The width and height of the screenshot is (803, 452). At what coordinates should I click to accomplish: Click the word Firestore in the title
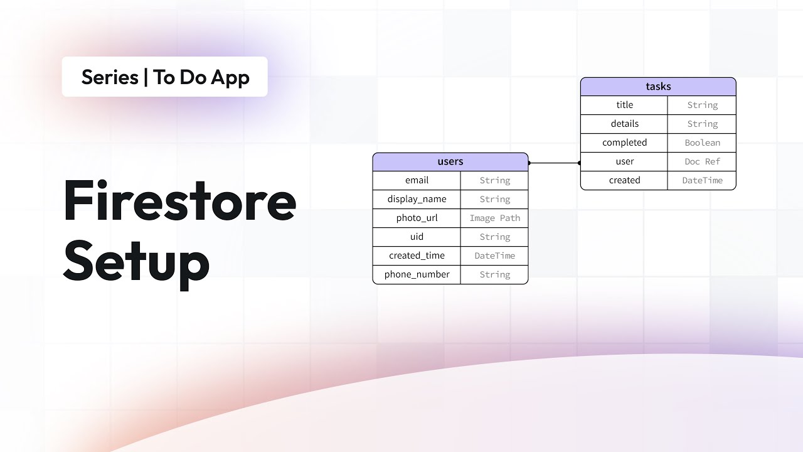[x=179, y=202]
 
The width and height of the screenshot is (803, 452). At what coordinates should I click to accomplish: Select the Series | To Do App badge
[x=165, y=77]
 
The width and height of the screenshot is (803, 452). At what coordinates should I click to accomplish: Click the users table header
[x=450, y=162]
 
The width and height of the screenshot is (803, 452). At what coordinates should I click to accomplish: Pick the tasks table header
[x=658, y=87]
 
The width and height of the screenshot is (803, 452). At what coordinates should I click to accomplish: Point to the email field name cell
[x=417, y=181]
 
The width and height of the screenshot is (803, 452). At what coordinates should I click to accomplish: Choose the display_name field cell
[x=417, y=200]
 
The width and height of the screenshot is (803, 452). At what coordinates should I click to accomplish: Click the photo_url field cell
[x=417, y=218]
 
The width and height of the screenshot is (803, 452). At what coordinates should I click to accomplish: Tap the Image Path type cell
[x=494, y=218]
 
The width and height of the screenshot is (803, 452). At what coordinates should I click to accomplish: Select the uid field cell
[x=417, y=237]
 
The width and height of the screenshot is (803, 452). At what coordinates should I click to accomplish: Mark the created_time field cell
[x=417, y=256]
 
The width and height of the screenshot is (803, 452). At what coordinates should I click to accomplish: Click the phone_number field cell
[x=417, y=275]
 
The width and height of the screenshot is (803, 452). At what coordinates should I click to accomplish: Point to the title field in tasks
[x=624, y=105]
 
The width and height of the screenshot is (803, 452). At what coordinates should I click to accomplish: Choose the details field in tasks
[x=624, y=124]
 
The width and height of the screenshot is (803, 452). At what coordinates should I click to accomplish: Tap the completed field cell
[x=624, y=143]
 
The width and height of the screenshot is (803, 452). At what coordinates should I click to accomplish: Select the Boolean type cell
[x=702, y=143]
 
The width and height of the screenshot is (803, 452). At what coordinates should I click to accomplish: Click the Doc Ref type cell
[x=702, y=162]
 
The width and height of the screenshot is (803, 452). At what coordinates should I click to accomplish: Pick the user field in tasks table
[x=624, y=162]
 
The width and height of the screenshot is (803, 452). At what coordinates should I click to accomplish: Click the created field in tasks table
[x=624, y=181]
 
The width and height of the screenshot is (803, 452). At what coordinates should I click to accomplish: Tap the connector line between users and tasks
[x=555, y=163]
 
